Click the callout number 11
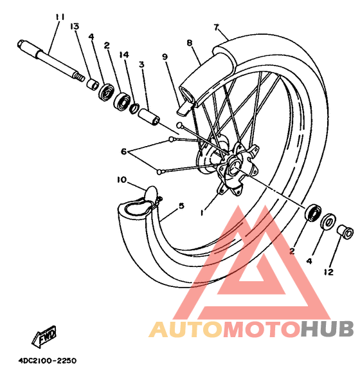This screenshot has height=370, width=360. pyautogui.click(x=60, y=17)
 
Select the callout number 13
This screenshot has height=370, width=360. pyautogui.click(x=75, y=26)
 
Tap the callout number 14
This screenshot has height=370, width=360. pyautogui.click(x=124, y=55)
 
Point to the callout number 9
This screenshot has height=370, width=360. pyautogui.click(x=165, y=57)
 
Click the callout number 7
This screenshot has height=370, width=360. pyautogui.click(x=217, y=28)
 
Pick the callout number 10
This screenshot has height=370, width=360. pyautogui.click(x=122, y=180)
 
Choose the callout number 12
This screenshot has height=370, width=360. pyautogui.click(x=328, y=272)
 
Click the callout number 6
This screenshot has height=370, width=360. pyautogui.click(x=124, y=151)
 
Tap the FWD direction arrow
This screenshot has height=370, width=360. pyautogui.click(x=44, y=336)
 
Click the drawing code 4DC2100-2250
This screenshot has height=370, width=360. pyautogui.click(x=48, y=361)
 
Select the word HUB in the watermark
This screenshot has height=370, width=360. pyautogui.click(x=327, y=329)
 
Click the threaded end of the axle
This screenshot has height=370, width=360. pyautogui.click(x=80, y=77)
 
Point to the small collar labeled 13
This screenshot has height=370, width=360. pyautogui.click(x=92, y=84)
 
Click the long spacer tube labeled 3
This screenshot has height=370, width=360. pyautogui.click(x=148, y=116)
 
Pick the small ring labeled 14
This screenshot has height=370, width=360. pyautogui.click(x=134, y=108)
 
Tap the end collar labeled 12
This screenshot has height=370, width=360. pyautogui.click(x=345, y=232)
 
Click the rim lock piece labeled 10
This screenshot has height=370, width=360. pyautogui.click(x=152, y=193)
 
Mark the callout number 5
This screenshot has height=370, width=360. pyautogui.click(x=181, y=206)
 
